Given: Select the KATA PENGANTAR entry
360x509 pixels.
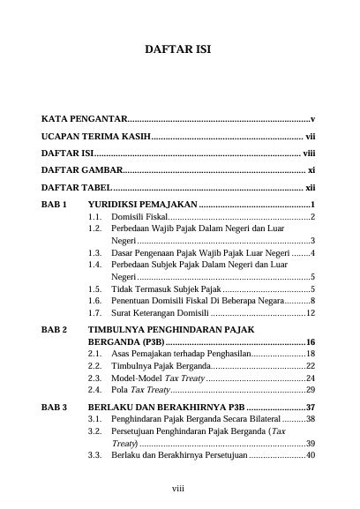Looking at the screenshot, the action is click(85, 118).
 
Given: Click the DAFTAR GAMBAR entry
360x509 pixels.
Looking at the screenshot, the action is click(82, 168).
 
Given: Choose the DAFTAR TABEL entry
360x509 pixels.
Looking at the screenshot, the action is click(78, 187).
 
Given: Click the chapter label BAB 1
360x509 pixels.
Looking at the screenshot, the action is click(55, 205).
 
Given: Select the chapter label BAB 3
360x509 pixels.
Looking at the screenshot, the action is click(55, 408).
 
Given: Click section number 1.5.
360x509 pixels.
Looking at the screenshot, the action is click(94, 288).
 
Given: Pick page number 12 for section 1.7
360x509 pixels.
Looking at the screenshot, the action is click(311, 312).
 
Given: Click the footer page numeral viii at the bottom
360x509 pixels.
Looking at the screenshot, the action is click(178, 486).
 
